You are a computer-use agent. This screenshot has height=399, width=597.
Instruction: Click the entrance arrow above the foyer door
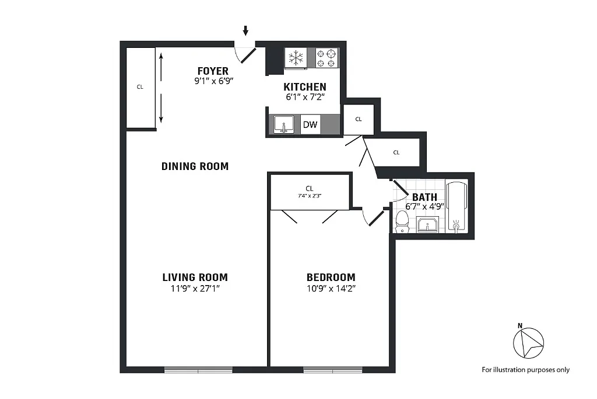(245, 30)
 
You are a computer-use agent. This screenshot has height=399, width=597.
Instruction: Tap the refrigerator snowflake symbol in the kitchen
(296, 58)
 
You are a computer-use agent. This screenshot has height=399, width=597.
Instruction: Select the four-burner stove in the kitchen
(327, 58)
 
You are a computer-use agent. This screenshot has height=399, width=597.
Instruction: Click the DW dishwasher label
(310, 124)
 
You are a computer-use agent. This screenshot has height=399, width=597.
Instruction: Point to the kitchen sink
(284, 124)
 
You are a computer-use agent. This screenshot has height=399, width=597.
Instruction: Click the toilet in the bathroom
(402, 222)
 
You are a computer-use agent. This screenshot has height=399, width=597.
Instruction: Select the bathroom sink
(427, 224)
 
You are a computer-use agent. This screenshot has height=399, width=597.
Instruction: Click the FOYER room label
(213, 71)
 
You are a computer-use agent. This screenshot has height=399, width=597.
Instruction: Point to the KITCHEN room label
(304, 87)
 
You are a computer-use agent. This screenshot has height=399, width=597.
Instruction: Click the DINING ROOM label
(195, 166)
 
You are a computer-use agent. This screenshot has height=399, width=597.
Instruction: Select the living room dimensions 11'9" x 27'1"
(195, 289)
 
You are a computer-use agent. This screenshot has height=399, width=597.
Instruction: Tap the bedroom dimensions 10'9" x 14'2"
(331, 289)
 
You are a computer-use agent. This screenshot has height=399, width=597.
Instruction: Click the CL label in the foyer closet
(140, 87)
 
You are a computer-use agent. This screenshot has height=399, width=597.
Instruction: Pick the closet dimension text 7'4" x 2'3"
(310, 196)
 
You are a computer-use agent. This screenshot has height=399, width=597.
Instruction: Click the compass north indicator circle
(528, 343)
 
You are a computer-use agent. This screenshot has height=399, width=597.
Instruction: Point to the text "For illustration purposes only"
(525, 370)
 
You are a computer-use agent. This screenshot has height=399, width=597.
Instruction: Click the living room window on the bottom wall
(198, 370)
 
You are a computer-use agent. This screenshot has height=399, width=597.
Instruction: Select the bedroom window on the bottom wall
(333, 370)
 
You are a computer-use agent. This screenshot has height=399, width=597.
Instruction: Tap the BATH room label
(424, 197)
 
